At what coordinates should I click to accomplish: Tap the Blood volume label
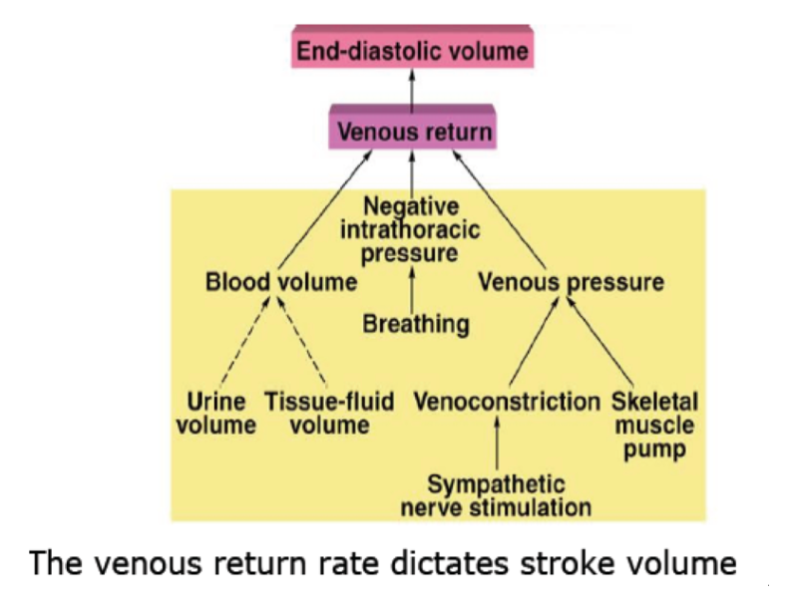(x=280, y=282)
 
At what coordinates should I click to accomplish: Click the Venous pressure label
(x=571, y=282)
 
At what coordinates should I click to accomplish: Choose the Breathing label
(x=415, y=324)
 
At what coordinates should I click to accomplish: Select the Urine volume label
(x=216, y=414)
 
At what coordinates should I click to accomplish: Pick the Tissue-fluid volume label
(x=329, y=414)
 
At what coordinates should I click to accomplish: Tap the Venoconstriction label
(x=507, y=402)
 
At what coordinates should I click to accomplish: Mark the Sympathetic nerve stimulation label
(x=496, y=495)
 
